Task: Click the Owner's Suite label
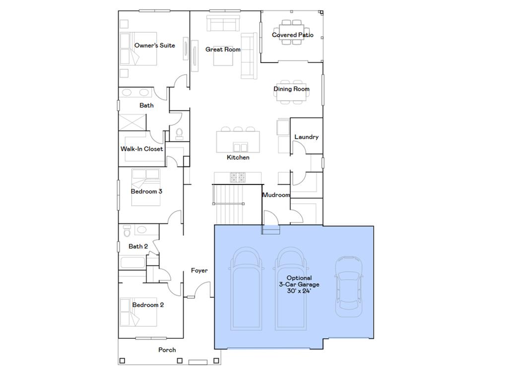click(x=154, y=46)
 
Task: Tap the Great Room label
click(x=223, y=50)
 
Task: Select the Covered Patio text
click(x=292, y=35)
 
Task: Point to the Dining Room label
click(x=291, y=89)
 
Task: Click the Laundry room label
click(x=306, y=137)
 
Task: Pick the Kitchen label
click(x=238, y=158)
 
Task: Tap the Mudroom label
click(x=276, y=195)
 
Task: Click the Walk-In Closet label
click(x=141, y=149)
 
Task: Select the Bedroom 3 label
click(x=146, y=191)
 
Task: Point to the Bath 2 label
click(x=138, y=247)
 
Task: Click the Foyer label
click(x=199, y=271)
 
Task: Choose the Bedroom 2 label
click(x=148, y=305)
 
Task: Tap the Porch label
click(x=167, y=350)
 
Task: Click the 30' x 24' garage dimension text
click(x=299, y=291)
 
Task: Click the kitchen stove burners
click(x=238, y=177)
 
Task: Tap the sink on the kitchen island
click(x=241, y=147)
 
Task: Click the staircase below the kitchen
click(x=229, y=205)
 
